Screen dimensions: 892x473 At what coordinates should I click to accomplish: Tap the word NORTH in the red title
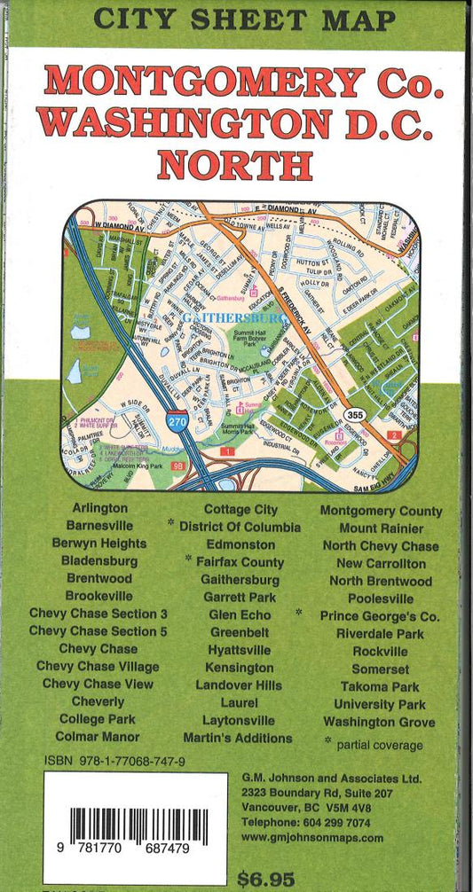pos(234,165)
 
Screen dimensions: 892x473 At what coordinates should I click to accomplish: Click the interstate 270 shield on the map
pos(177,424)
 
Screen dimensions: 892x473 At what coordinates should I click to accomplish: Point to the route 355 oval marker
pos(356,415)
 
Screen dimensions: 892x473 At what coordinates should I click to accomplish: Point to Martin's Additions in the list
pos(238,738)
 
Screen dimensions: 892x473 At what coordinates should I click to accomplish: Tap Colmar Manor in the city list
pos(97,737)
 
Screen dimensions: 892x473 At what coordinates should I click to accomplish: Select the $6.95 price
pos(265,880)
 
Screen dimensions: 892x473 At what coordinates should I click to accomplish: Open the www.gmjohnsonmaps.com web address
pos(312,837)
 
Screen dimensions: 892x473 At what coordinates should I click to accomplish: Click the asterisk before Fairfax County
pos(189,559)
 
